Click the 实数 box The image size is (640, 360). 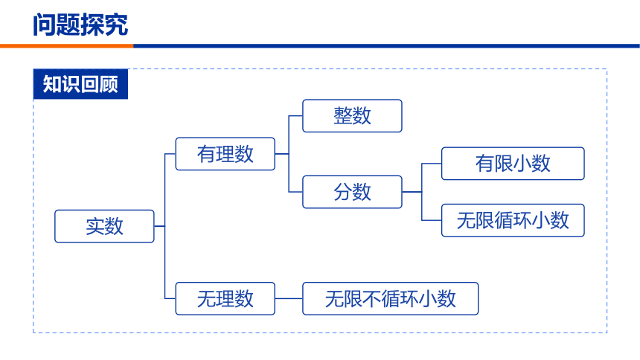104,226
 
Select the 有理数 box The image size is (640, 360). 225,154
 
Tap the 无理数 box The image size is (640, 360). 225,298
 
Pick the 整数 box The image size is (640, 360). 352,116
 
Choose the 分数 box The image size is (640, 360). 352,192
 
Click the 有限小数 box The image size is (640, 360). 513,164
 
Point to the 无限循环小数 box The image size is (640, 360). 513,220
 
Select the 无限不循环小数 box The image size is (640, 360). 390,298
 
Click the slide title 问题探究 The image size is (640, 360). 80,25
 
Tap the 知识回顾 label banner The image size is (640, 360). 80,84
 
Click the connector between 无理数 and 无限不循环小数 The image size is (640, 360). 289,298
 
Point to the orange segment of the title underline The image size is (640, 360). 66,46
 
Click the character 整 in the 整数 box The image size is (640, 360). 343,116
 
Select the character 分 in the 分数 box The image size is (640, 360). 343,192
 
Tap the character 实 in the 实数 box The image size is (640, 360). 95,226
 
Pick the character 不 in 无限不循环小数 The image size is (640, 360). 371,299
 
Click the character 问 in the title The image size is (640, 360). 45,25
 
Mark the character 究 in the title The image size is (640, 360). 116,25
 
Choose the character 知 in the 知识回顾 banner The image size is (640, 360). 52,84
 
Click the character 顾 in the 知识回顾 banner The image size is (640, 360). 109,84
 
